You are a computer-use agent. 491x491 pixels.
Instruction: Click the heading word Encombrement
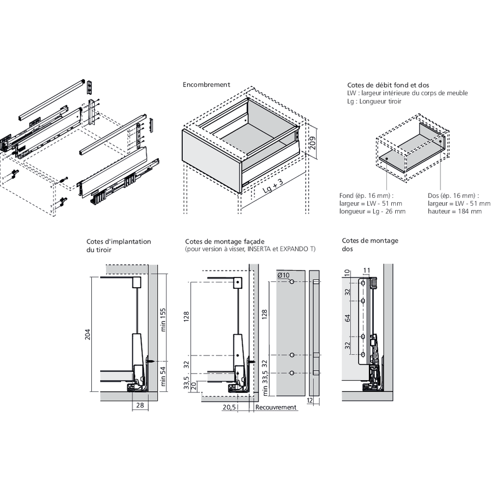tap(206, 85)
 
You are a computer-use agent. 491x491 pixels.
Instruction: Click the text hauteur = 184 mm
tap(454, 212)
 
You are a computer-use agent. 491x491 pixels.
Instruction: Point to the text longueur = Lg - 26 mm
tap(372, 212)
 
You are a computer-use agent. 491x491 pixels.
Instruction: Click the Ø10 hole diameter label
tap(283, 275)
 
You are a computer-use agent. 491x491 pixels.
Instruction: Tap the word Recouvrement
tap(276, 407)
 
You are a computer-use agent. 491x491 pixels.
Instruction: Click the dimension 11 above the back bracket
tap(367, 270)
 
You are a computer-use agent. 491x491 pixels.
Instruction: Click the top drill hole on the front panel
tap(292, 282)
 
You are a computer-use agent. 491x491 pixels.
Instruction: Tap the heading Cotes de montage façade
tap(225, 242)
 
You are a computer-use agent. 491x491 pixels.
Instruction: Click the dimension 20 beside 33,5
tap(194, 384)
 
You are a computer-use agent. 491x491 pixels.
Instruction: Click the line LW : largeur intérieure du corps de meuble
tap(407, 93)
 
